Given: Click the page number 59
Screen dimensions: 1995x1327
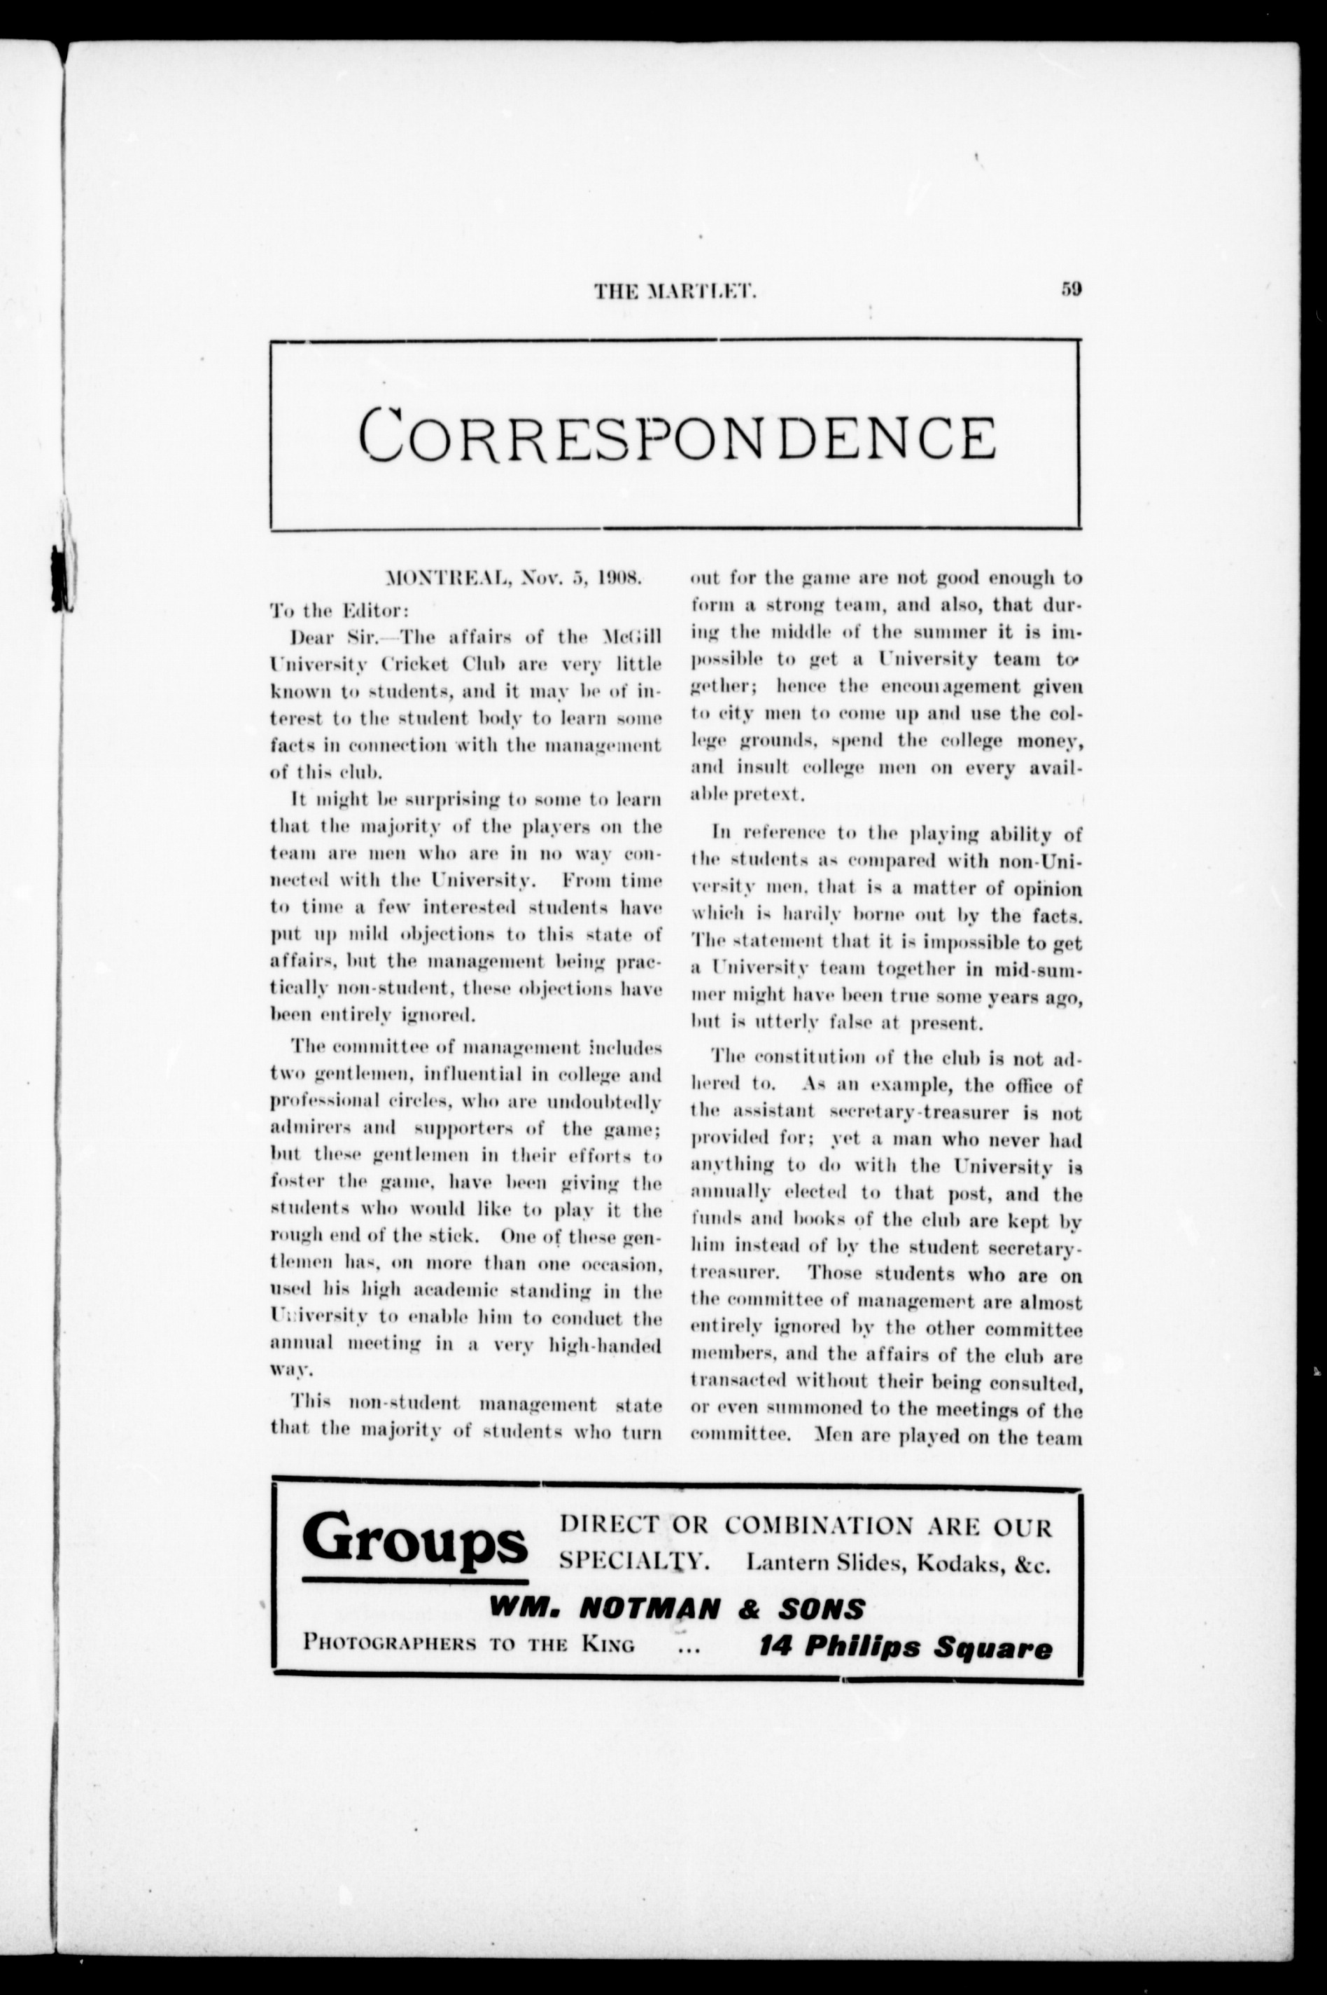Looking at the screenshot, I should point(1071,289).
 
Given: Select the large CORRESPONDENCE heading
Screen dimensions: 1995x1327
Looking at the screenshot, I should point(676,434).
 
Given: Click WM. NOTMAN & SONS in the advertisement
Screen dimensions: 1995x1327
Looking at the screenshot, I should point(676,1609).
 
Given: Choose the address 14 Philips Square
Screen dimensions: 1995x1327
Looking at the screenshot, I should point(906,1648).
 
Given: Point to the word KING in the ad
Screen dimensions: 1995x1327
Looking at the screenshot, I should point(608,1645).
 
